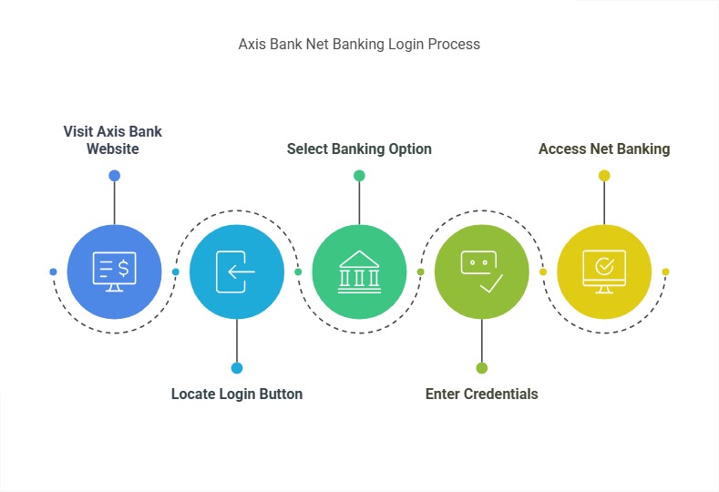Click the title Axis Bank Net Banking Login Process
coord(359,44)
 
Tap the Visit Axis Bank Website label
coord(113,139)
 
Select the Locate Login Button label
coord(237,395)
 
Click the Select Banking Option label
coord(359,149)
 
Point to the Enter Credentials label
coord(481,395)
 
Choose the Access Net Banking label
coord(604,149)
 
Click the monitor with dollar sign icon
coord(115,272)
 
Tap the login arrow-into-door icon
coord(236,272)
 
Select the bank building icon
coord(359,272)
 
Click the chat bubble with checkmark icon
coord(481,272)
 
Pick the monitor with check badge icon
coord(603,272)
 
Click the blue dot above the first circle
coord(114,176)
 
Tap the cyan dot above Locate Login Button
coord(237,368)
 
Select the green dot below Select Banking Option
coord(359,176)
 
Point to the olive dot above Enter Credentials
coord(481,368)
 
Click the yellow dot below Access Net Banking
coord(603,176)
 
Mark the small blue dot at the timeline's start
coord(53,272)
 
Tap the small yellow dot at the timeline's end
coord(665,272)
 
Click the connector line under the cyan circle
coord(237,341)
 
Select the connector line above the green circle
coord(359,202)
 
